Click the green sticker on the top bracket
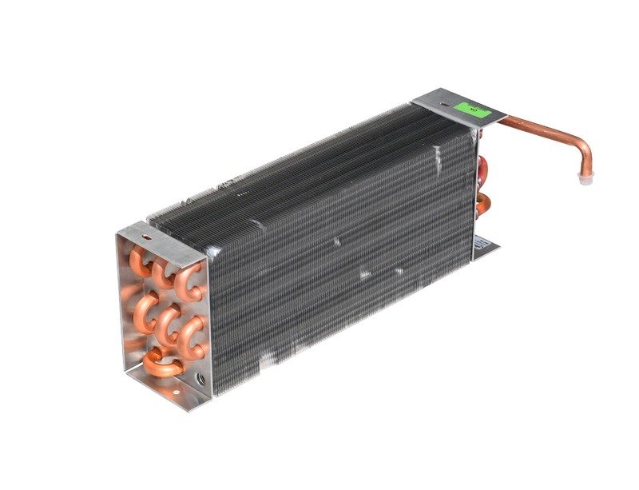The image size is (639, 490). click(473, 110)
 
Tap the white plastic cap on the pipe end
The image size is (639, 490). click(585, 179)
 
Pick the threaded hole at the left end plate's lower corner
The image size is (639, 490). click(200, 384)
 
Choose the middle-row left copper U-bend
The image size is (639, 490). click(144, 312)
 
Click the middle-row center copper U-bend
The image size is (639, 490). click(168, 323)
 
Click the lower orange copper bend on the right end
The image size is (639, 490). click(482, 205)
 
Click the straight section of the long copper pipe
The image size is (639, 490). click(535, 127)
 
